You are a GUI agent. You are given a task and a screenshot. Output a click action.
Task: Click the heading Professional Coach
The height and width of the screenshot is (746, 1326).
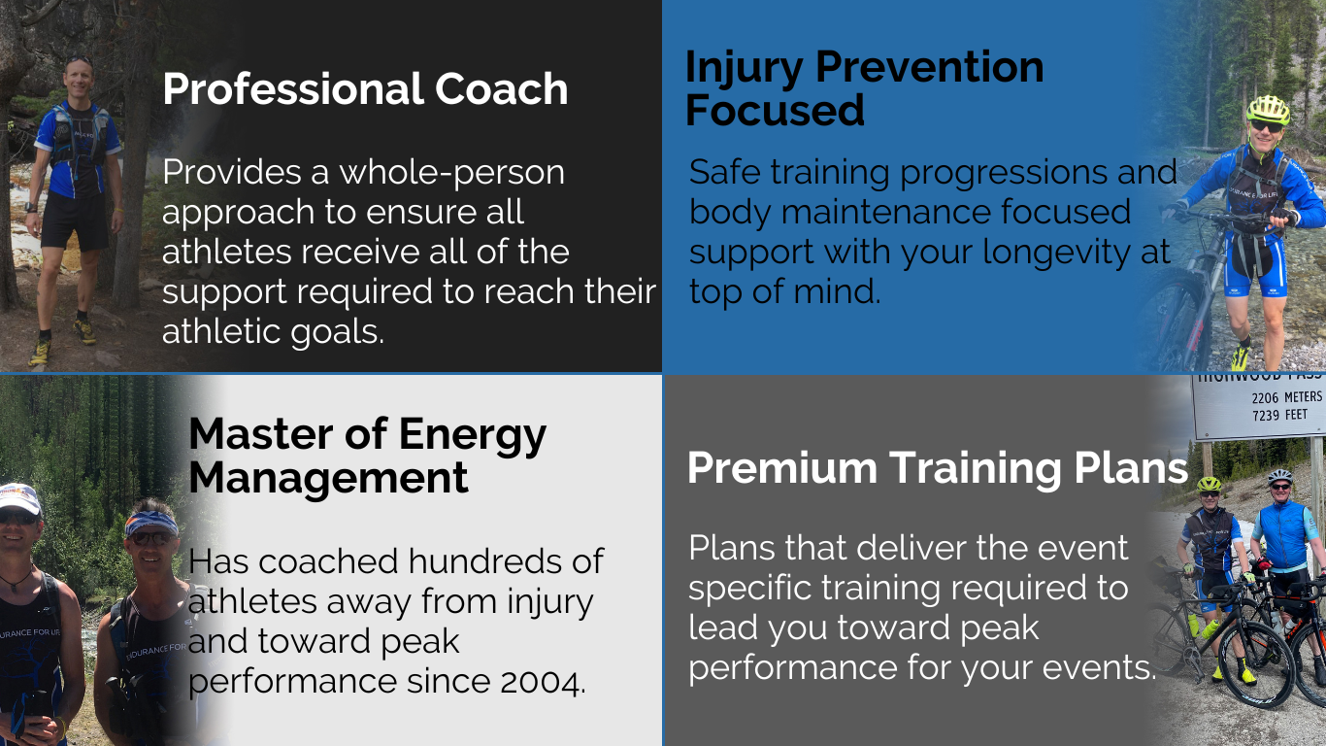365,89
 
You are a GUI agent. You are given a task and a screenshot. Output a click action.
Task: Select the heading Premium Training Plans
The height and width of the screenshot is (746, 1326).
938,468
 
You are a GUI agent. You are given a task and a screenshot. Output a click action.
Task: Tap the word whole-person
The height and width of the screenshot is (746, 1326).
451,174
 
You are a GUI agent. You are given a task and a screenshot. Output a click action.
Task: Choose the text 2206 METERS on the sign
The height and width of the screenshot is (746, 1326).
1287,397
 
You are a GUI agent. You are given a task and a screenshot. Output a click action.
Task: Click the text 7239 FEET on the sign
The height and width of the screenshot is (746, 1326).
1279,416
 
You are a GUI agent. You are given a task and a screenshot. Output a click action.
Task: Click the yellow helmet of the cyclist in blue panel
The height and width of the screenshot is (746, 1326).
1268,109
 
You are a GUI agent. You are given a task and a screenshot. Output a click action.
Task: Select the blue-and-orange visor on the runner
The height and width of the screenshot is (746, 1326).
150,523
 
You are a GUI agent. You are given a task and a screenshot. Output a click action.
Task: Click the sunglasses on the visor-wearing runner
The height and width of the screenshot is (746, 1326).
151,538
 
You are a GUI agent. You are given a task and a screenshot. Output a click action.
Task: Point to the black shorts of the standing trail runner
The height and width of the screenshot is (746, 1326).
74,221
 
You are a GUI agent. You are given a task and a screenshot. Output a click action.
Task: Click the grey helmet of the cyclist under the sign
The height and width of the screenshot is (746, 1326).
1279,476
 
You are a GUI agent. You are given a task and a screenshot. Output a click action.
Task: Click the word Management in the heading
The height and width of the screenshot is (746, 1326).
328,478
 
